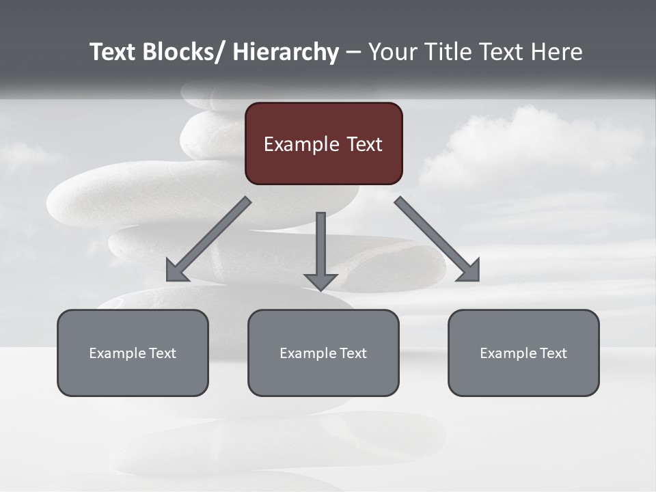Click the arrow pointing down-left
click(x=208, y=240)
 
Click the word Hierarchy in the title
click(x=286, y=53)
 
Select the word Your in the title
click(x=392, y=53)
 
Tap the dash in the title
click(x=353, y=53)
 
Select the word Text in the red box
click(x=364, y=144)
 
